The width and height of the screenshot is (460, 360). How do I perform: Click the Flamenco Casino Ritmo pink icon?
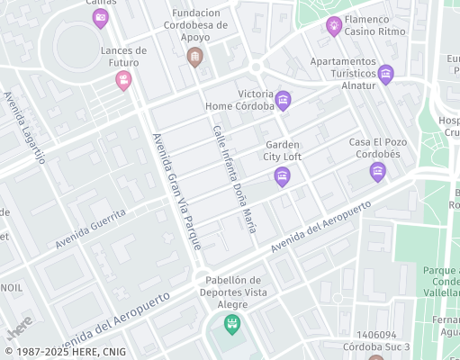[334, 24]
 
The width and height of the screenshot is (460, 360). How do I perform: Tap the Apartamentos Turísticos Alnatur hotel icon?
[386, 74]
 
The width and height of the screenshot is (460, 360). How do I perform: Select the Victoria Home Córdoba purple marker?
[284, 99]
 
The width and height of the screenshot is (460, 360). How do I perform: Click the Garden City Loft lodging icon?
[282, 174]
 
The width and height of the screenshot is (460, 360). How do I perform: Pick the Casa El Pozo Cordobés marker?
[377, 170]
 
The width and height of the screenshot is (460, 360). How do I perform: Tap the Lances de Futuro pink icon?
[123, 81]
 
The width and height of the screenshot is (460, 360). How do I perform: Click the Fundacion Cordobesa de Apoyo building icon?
[194, 58]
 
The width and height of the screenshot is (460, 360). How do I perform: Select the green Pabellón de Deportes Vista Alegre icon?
[232, 322]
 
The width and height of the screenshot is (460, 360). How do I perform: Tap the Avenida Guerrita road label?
[90, 230]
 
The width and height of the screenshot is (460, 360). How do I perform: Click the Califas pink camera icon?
[101, 17]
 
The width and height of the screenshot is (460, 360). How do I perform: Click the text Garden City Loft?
[283, 150]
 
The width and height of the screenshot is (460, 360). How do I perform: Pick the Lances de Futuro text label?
[123, 56]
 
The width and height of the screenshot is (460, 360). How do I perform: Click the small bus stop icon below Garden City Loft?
[282, 196]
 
